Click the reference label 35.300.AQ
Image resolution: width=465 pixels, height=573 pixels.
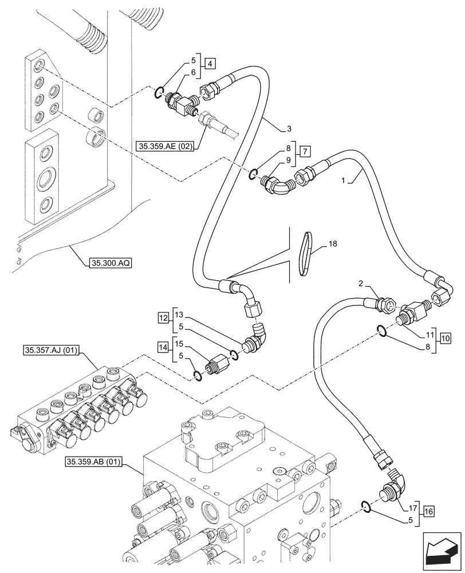[111, 264]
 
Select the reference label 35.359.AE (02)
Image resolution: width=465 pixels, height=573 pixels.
[165, 147]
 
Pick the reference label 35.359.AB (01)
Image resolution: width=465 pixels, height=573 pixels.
[93, 461]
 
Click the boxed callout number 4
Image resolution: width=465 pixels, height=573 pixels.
[211, 64]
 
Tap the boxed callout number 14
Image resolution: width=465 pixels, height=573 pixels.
[164, 347]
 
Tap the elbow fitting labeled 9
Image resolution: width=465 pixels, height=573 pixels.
[277, 187]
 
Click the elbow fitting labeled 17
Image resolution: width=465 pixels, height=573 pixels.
[392, 489]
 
